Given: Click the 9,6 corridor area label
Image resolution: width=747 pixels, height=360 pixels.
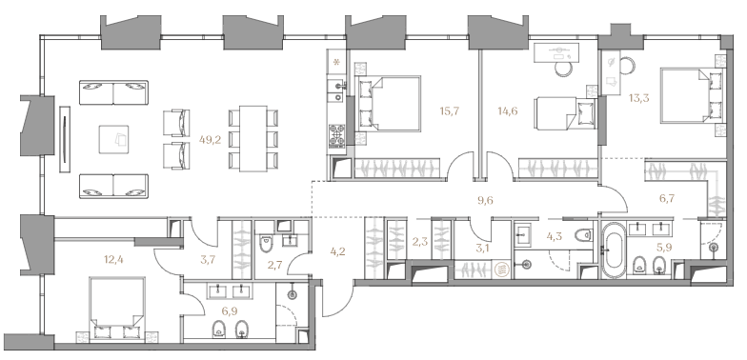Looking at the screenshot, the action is coord(485,200).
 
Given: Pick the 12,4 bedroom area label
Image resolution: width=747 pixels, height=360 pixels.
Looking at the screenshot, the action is coord(113,260).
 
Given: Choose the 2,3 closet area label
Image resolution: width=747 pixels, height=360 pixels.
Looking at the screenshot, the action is coord(419,242).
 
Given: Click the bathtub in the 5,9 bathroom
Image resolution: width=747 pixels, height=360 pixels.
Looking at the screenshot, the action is coord(614,250).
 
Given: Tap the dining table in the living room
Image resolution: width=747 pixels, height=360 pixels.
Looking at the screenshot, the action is coord(253,138).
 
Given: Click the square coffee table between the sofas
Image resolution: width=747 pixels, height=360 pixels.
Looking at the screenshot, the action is coord(113,139).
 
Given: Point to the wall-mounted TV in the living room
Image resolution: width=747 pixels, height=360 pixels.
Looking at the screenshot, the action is coord(65,139).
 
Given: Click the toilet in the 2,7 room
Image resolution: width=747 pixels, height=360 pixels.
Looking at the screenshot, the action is coord(265,244).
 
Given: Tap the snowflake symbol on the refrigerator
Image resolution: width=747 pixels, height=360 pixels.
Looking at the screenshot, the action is coord(337,63).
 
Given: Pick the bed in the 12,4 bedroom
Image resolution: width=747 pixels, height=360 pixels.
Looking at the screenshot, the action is coord(116,310).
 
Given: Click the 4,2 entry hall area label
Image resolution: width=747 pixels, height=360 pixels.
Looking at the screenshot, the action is coord(337,251).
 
